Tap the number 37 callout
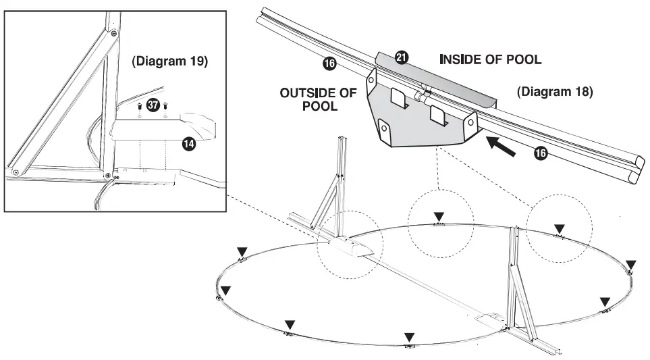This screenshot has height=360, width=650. click(x=153, y=106)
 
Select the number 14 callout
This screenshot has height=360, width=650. click(x=189, y=144)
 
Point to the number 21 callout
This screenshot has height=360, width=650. click(x=402, y=59)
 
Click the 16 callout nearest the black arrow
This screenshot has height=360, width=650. click(x=541, y=154)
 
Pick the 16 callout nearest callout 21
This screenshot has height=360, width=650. click(x=329, y=64)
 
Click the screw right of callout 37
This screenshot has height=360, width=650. click(x=165, y=107)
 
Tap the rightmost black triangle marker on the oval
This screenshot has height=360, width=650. click(x=631, y=263)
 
